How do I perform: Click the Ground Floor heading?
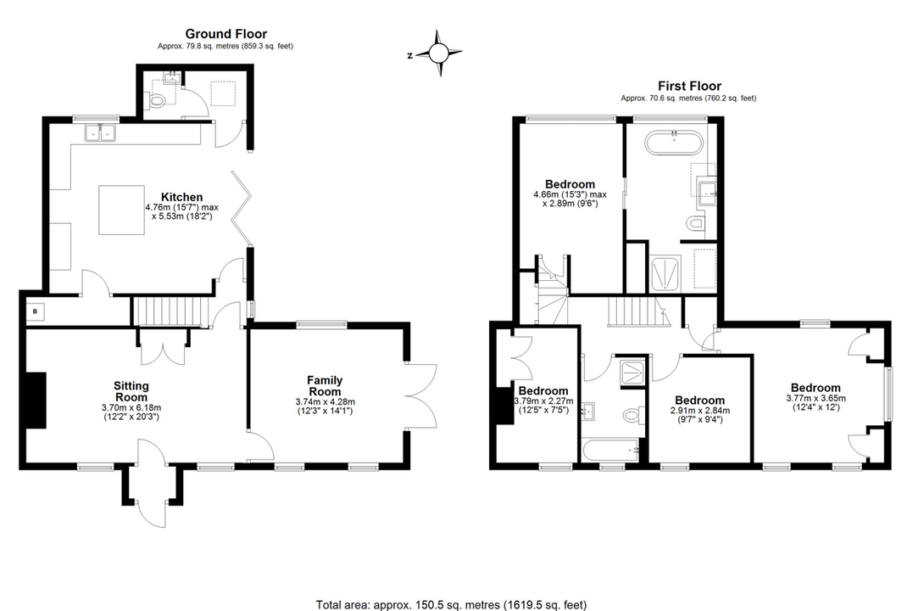click(x=214, y=35)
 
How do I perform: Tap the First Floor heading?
click(x=689, y=86)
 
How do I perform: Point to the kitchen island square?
click(x=120, y=210)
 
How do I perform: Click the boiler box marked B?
click(x=35, y=311)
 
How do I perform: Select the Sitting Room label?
click(x=131, y=391)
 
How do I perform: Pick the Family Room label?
click(x=325, y=386)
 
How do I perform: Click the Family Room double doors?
click(x=421, y=396)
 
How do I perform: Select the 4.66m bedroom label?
click(x=570, y=184)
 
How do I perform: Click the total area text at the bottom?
click(x=451, y=604)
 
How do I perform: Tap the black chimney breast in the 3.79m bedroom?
click(x=505, y=404)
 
